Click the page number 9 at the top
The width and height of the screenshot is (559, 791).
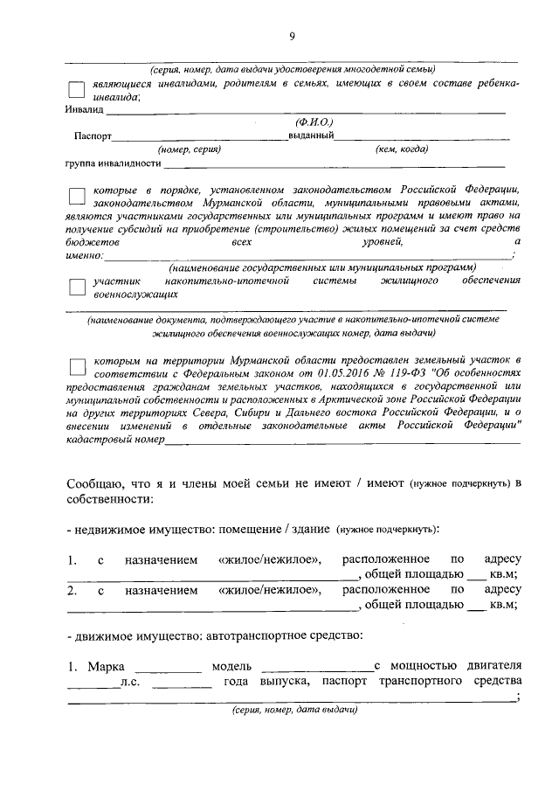293,36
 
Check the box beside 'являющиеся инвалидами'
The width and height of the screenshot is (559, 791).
76,88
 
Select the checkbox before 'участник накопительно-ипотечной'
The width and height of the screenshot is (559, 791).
76,288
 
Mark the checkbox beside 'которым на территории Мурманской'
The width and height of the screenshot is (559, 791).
76,366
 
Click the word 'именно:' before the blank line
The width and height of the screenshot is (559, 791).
85,255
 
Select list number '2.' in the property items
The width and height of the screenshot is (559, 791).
72,590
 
